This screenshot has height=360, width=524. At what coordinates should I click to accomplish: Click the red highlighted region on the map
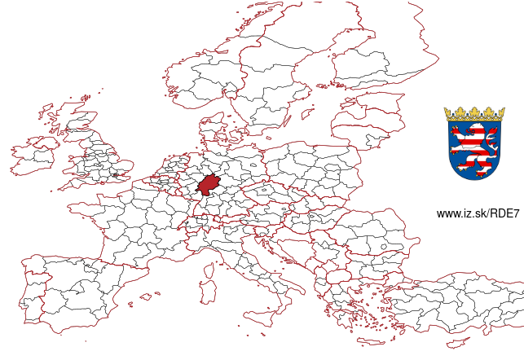click(210, 185)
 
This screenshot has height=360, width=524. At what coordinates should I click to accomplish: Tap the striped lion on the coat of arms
click(473, 147)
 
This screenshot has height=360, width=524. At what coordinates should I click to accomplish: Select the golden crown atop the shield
click(474, 113)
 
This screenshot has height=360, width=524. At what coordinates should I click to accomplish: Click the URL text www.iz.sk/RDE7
click(478, 213)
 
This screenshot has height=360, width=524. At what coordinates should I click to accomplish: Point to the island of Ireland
click(34, 155)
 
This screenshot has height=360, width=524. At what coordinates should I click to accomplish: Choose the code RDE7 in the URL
click(505, 213)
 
